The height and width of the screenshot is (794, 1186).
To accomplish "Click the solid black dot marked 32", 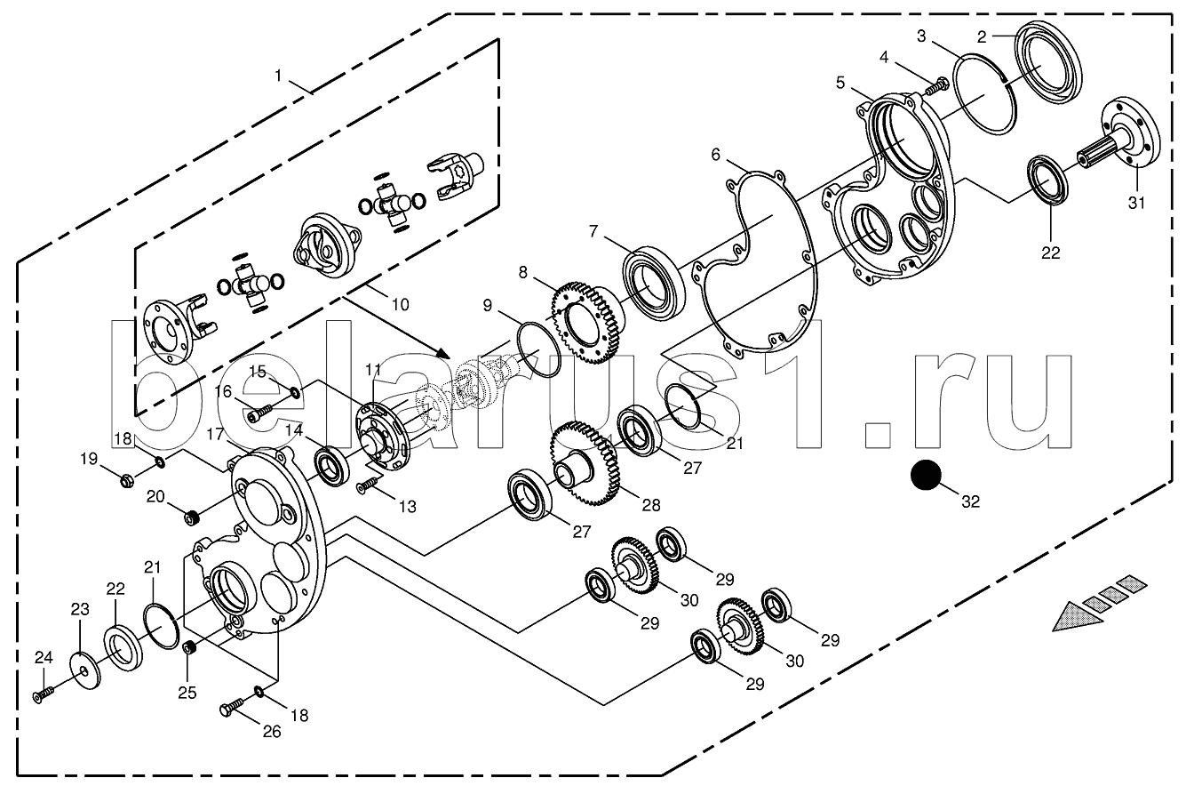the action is click(x=926, y=475).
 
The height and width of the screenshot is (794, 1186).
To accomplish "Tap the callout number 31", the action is click(x=1136, y=203).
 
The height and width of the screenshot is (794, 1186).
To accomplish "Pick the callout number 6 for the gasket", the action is click(x=716, y=154).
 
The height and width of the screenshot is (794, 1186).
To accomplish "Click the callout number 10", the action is click(x=401, y=304).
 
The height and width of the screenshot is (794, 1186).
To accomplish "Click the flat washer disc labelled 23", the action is click(x=86, y=670).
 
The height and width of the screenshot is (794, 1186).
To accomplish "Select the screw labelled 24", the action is click(x=43, y=694).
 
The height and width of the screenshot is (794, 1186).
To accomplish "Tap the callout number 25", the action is click(x=187, y=693).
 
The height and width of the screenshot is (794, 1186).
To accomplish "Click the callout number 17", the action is click(x=216, y=435).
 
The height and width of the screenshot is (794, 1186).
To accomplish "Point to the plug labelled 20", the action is click(x=192, y=517).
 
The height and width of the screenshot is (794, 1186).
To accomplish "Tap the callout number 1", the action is click(x=277, y=76).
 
